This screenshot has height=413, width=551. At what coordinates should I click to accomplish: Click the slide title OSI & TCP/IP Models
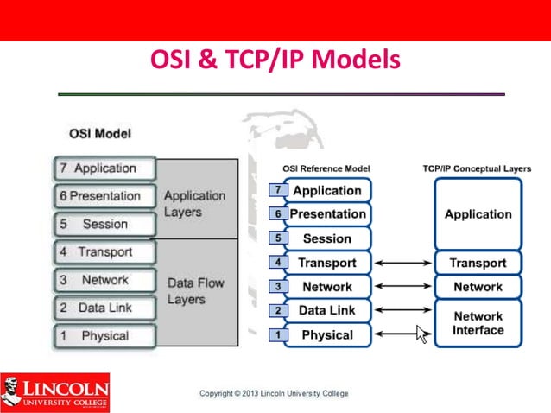point(275,60)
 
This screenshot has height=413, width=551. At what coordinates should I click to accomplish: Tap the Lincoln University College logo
point(55,391)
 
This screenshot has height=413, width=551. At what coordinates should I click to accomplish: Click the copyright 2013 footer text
point(274,394)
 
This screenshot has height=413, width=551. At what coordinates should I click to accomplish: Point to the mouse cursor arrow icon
point(421,334)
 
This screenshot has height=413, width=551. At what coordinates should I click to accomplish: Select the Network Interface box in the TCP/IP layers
point(478,323)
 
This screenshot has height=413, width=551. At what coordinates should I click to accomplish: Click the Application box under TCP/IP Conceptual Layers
point(478,214)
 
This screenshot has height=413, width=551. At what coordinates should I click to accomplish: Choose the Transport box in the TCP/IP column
point(478,263)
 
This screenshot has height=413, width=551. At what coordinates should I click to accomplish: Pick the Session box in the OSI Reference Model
point(326,238)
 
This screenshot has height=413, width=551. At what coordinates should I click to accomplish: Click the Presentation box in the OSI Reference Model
point(326,214)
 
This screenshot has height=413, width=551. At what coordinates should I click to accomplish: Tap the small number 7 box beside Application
point(277,189)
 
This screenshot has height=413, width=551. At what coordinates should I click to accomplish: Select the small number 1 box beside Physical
point(277,334)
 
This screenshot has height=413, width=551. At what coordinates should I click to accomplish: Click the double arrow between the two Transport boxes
point(402,263)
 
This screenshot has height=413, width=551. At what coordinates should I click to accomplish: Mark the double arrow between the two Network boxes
point(402,287)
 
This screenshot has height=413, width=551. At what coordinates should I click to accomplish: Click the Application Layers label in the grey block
point(194,204)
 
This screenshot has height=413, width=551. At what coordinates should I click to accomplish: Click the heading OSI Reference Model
point(326,168)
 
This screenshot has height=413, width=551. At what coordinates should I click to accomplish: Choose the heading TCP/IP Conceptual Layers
point(477,168)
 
